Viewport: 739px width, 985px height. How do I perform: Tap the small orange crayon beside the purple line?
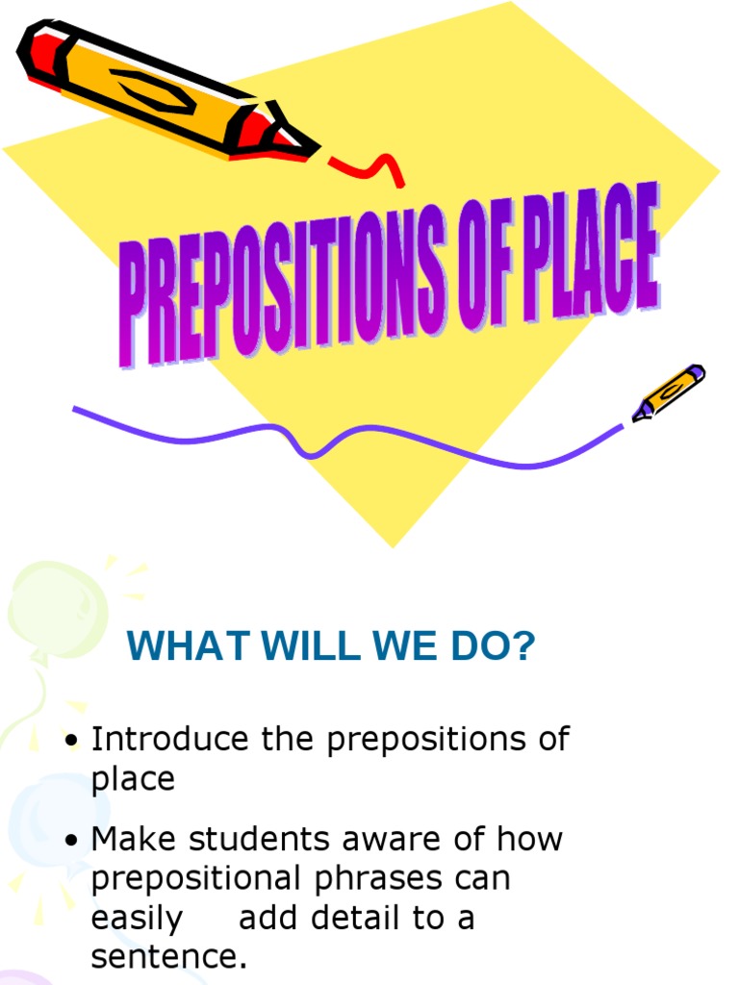point(669,391)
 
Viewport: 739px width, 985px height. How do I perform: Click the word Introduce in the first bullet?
point(169,739)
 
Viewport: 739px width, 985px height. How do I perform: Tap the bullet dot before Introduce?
point(71,742)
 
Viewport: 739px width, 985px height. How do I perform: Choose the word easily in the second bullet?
point(137,919)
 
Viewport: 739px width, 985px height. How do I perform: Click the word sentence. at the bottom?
point(169,957)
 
